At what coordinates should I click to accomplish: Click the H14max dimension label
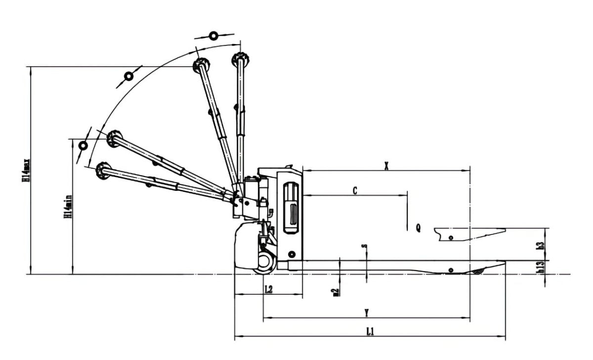coord(26,171)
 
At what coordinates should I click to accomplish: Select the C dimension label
coord(355,191)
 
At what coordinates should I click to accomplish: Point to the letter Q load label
coord(418,228)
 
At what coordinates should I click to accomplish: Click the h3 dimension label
coord(542,244)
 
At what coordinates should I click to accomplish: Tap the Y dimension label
coord(366,313)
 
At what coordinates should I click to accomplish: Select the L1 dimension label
coord(370,331)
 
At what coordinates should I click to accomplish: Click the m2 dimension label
coord(336,292)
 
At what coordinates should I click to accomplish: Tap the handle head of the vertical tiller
coord(240,58)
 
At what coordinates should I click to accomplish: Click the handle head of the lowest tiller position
coord(103,170)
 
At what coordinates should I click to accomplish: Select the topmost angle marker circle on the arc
coord(213,36)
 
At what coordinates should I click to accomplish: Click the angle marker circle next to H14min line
coord(83,146)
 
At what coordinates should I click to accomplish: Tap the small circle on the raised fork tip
coord(450,237)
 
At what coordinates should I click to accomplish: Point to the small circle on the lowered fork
coord(450,270)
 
